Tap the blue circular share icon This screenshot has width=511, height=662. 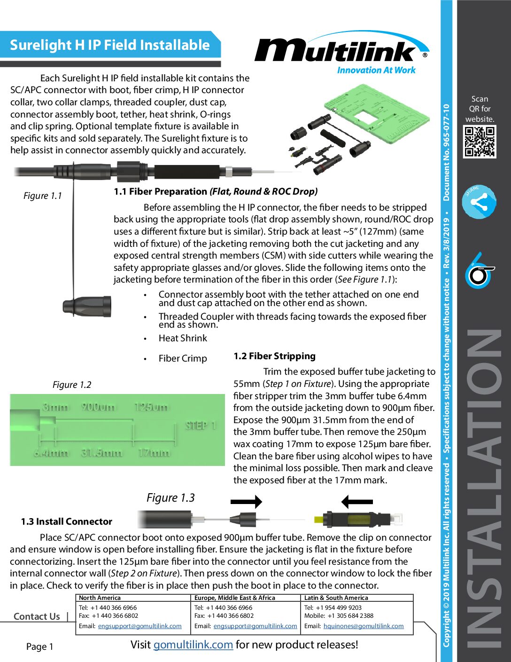click(479, 203)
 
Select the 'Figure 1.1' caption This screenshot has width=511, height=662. click(43, 196)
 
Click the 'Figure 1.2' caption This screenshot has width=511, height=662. click(72, 385)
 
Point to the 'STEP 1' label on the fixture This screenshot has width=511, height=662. click(201, 426)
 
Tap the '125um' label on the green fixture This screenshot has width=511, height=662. click(151, 407)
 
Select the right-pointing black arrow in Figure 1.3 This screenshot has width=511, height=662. click(246, 502)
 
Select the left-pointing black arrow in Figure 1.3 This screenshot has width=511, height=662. click(357, 502)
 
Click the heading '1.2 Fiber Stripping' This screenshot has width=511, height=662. click(274, 356)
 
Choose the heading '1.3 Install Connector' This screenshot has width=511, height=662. click(67, 521)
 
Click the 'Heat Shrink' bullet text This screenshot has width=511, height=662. click(183, 338)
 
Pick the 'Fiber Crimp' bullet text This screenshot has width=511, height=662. click(183, 358)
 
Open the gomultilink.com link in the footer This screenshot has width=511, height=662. click(193, 645)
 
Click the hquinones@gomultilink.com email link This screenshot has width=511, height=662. click(364, 626)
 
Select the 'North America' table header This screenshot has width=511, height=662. click(100, 598)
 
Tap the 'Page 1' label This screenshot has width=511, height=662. click(40, 646)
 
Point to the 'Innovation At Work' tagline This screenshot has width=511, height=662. click(376, 70)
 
